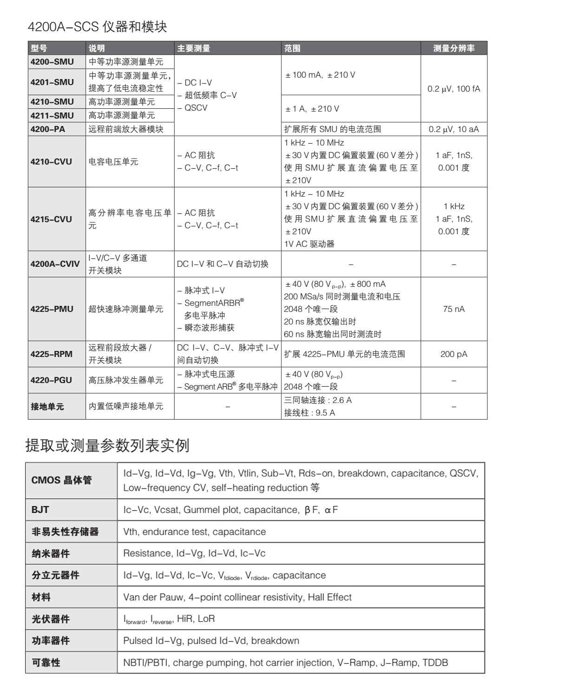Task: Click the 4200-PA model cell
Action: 48,129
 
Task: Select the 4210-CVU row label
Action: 51,162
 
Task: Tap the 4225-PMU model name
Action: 52,309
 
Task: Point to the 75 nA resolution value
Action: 454,309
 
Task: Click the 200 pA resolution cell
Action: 454,354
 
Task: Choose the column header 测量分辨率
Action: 454,48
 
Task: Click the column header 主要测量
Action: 194,48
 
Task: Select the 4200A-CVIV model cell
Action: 55,264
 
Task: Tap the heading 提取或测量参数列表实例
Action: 107,445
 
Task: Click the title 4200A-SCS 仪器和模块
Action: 98,26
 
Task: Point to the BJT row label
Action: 40,510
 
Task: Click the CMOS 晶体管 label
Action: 61,480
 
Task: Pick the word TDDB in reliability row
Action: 435,663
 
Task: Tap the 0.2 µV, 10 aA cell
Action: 454,129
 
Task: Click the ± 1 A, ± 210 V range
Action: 312,109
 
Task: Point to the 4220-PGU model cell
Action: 51,380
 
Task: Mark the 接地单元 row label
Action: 47,407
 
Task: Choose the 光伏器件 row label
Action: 51,619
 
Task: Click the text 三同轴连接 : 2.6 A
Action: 318,400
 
